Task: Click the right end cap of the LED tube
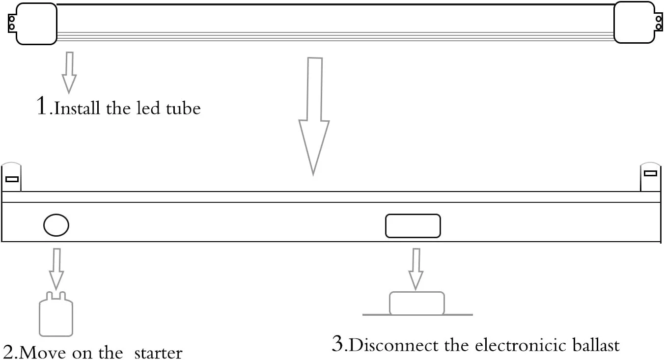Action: pos(634,23)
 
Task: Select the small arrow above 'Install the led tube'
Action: pos(69,72)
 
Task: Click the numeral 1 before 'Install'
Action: pos(43,106)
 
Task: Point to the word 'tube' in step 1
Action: pos(183,108)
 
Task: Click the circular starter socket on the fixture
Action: pos(56,225)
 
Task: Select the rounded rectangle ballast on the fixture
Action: pos(413,226)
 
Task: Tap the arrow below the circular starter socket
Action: pos(56,268)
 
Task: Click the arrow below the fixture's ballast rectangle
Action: pos(416,268)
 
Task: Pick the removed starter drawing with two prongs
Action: pos(56,314)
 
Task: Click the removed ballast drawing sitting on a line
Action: pos(417,304)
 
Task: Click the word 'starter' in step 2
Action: pos(158,353)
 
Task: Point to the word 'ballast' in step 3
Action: pos(595,345)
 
